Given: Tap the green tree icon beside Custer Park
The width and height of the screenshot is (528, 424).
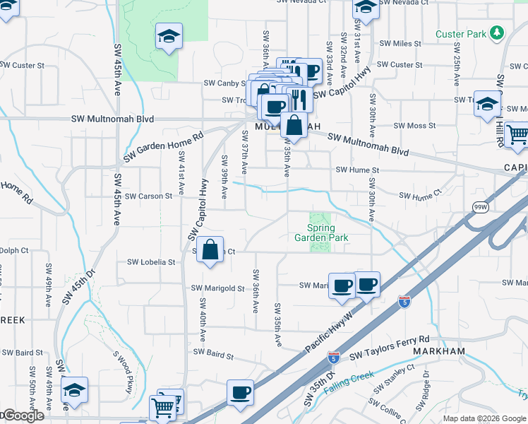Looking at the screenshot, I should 498,33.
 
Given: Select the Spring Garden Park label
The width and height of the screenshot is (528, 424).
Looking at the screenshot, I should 318,233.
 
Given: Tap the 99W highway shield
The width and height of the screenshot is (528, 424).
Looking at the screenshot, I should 481,206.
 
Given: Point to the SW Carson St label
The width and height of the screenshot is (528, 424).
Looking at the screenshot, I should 148,196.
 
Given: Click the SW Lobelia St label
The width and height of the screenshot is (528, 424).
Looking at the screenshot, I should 151,261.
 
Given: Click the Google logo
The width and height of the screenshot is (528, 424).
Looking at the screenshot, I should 23,416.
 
